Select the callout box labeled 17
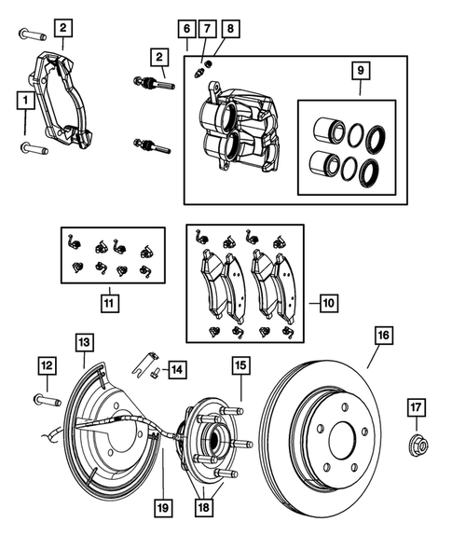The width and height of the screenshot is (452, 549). coord(418,406)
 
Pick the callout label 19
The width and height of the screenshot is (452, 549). coord(160,509)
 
